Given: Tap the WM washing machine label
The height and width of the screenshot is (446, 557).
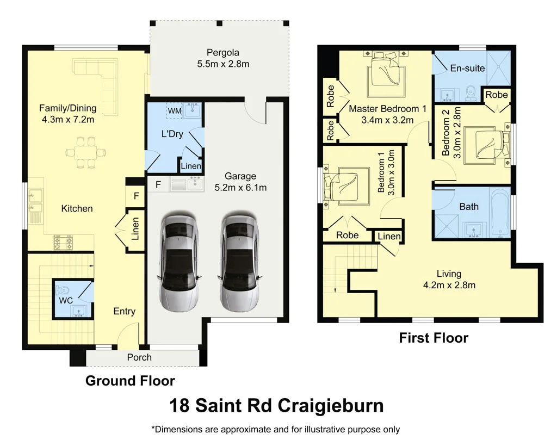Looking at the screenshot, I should [174, 111].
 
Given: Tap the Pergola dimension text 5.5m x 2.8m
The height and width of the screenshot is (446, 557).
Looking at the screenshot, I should [223, 64].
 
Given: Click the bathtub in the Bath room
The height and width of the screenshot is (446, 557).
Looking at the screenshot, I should [498, 213].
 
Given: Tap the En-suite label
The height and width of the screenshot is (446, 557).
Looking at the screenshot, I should [463, 69].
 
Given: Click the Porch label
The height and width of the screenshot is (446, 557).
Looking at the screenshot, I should [139, 357].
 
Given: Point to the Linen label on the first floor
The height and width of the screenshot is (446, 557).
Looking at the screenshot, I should [389, 236].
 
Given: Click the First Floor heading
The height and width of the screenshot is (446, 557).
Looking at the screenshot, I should [434, 338].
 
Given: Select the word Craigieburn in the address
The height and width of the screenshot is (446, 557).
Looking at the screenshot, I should [331, 406].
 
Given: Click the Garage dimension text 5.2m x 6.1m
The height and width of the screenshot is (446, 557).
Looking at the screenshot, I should [240, 188].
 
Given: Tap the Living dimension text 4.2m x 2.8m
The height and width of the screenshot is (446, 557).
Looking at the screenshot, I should [449, 286].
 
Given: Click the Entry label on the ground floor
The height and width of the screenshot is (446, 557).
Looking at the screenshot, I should [124, 311].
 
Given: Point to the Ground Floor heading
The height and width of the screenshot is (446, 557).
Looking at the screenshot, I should [130, 381].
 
